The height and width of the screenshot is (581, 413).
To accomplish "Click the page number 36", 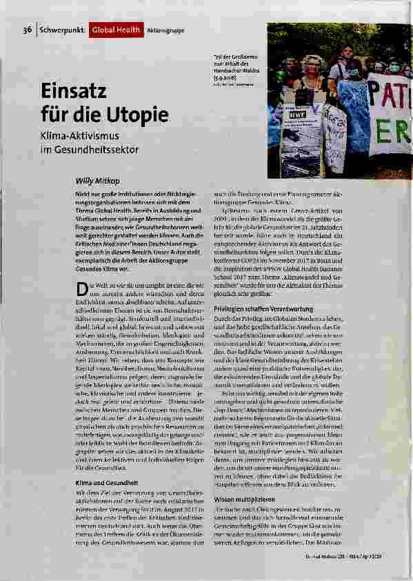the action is pos(27,30).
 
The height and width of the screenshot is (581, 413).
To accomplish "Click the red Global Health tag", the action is pos(117,30).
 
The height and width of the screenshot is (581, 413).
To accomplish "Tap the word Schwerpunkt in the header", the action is pos(63,30).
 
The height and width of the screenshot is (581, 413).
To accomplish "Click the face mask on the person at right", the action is pos(392,68).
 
